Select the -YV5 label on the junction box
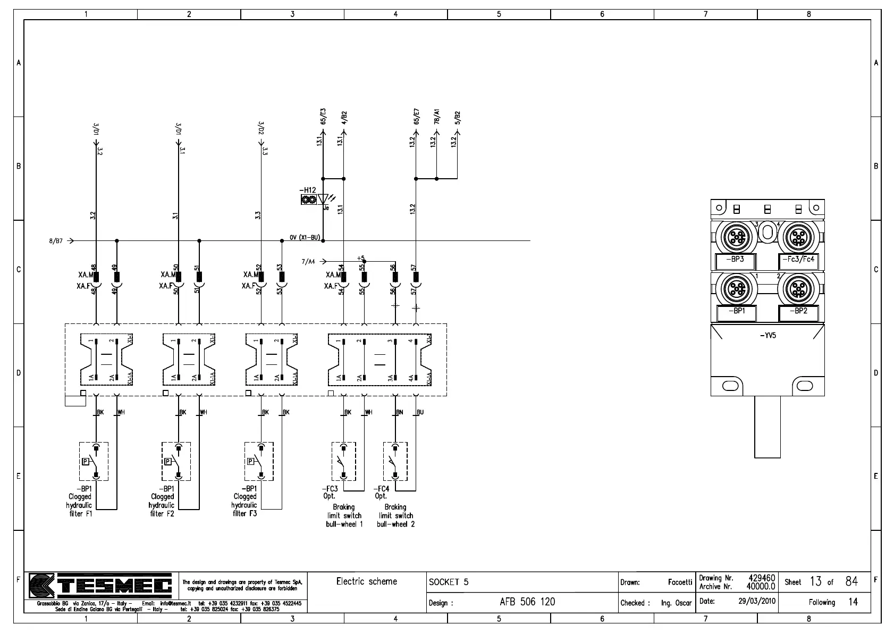(768, 336)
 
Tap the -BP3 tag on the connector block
(736, 260)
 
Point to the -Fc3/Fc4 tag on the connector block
(798, 260)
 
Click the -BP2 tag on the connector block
(798, 311)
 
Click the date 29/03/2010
(757, 602)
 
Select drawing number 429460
(762, 578)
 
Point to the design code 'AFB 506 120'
(527, 602)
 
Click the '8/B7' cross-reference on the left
(56, 241)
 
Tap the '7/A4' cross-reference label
(308, 262)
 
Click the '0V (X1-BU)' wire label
(305, 237)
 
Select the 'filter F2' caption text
(162, 514)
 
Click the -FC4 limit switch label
(381, 489)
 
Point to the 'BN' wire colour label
(400, 412)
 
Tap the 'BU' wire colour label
(420, 412)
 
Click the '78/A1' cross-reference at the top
(436, 117)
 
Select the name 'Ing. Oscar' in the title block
(676, 603)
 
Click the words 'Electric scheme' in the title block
(367, 581)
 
